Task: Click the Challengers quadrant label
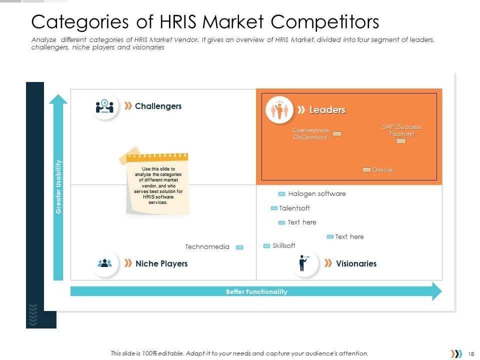point(158,106)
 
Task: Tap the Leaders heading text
point(327,110)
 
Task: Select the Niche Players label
point(161,263)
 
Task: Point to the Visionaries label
point(356,263)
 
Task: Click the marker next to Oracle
point(366,170)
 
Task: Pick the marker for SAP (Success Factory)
point(400,141)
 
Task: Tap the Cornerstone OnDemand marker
point(337,134)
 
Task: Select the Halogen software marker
point(281,194)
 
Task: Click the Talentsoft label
point(294,208)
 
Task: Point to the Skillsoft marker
point(267,246)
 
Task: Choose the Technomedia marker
point(239,247)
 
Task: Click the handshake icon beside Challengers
point(104,106)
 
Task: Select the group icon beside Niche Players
point(105,263)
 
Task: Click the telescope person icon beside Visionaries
point(303,263)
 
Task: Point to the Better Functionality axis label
point(256,291)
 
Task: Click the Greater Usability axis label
point(58,186)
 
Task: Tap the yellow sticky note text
point(158,185)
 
